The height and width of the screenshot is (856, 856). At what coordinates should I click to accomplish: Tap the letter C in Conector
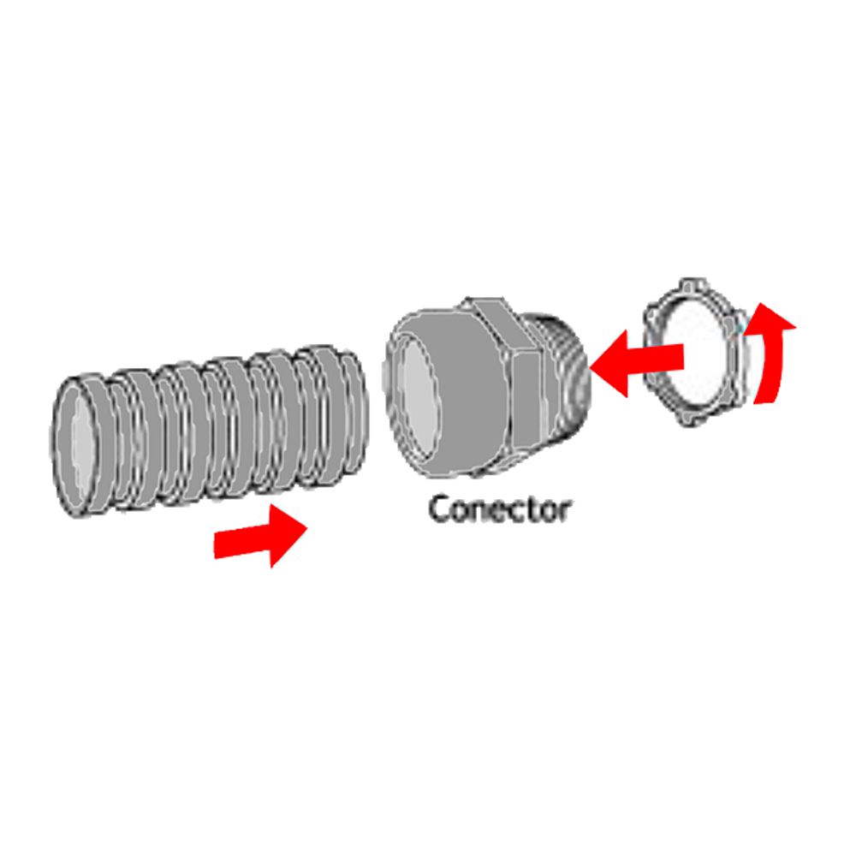(x=439, y=509)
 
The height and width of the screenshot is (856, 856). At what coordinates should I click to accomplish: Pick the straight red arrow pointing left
(x=637, y=362)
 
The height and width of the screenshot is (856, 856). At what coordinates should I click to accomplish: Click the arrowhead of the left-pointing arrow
(x=609, y=363)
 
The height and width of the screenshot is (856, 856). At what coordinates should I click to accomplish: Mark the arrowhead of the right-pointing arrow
(x=288, y=536)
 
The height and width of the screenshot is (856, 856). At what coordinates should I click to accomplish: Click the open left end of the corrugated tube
(x=76, y=445)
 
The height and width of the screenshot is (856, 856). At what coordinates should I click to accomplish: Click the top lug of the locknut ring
(x=693, y=284)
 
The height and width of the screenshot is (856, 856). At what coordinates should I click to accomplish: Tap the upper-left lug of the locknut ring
(x=651, y=315)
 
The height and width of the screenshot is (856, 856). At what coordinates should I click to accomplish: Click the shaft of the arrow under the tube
(x=242, y=540)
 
